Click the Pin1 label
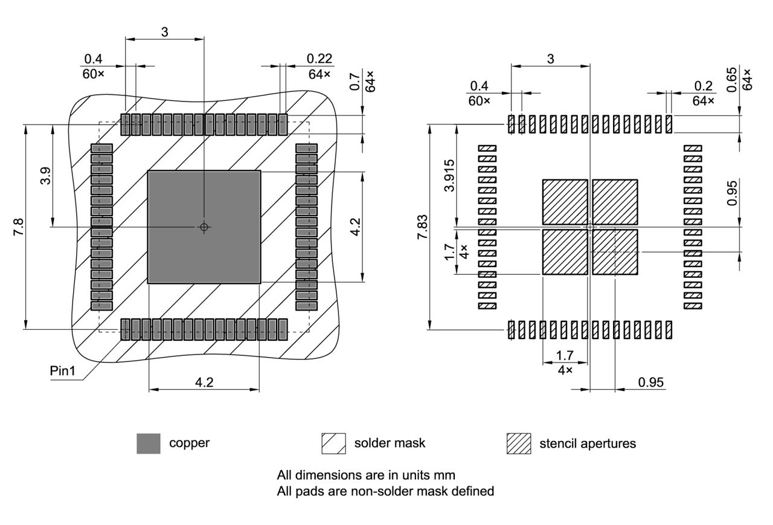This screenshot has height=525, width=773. click(x=62, y=370)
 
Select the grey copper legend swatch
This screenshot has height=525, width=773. click(x=149, y=443)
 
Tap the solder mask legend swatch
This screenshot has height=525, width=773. click(x=333, y=443)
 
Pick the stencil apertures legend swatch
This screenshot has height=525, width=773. click(x=519, y=443)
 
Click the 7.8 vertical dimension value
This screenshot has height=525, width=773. click(x=19, y=227)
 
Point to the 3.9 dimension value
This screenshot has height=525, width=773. click(x=45, y=175)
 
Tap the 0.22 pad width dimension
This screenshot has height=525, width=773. click(x=319, y=59)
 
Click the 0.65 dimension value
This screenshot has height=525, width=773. click(x=731, y=79)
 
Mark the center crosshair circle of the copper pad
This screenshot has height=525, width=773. click(x=204, y=227)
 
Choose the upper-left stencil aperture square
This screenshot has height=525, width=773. click(x=565, y=202)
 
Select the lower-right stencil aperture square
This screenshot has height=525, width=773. click(x=615, y=251)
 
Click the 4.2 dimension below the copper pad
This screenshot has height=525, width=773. click(x=204, y=382)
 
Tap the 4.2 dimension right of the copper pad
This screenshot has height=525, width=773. click(x=356, y=227)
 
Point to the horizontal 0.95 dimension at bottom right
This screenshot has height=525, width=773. click(x=650, y=382)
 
